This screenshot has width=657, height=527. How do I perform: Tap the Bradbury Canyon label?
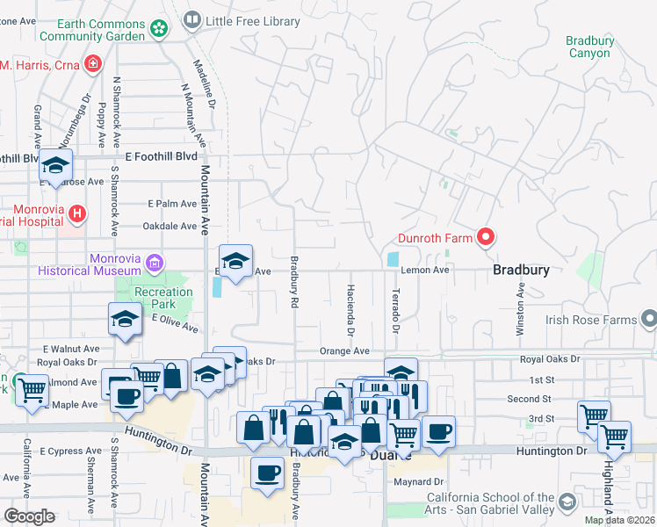click(x=588, y=47)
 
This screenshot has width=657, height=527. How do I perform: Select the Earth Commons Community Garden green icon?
click(x=158, y=29)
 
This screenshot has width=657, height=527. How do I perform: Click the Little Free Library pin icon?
click(x=193, y=18)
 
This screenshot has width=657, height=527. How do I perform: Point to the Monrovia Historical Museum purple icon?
click(x=155, y=262)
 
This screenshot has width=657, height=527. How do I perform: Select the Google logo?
click(x=29, y=516)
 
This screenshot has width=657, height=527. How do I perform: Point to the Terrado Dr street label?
click(x=395, y=309)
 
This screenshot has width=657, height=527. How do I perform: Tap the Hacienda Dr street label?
click(x=350, y=311)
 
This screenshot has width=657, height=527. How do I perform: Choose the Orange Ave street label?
click(x=343, y=350)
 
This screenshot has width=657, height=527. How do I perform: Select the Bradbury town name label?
click(x=521, y=271)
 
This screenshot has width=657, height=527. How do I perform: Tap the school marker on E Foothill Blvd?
click(x=56, y=164)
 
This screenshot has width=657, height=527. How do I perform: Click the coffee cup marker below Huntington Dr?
click(x=267, y=472)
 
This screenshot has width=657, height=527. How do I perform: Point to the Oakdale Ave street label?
click(x=170, y=226)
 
